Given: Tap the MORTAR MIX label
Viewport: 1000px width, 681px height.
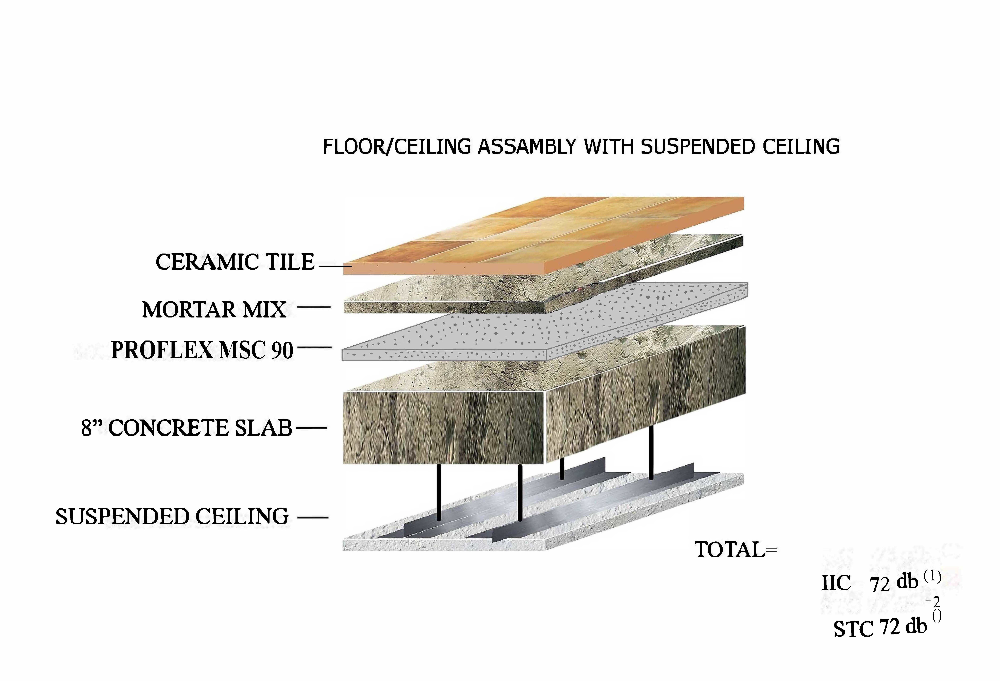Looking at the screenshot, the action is coord(214,310).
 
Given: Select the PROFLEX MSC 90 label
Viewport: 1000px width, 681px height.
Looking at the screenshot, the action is coord(202,350).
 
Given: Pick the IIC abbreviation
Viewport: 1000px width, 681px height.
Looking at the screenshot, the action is coord(836,583).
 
